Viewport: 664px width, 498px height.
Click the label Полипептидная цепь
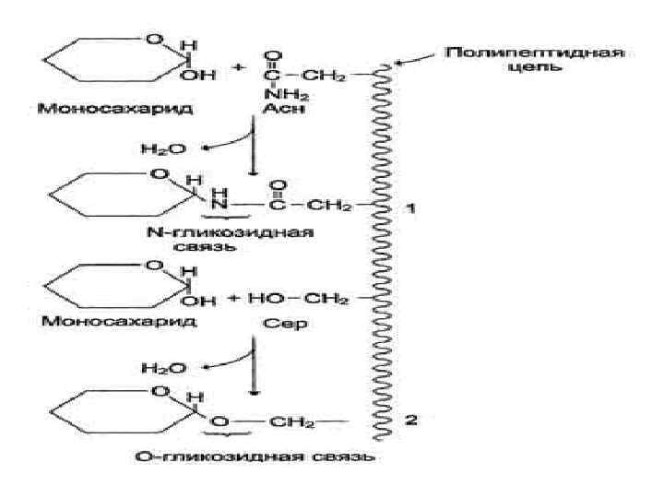coord(536,62)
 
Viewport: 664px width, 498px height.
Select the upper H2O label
coord(162,148)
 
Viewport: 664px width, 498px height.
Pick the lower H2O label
coord(162,367)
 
